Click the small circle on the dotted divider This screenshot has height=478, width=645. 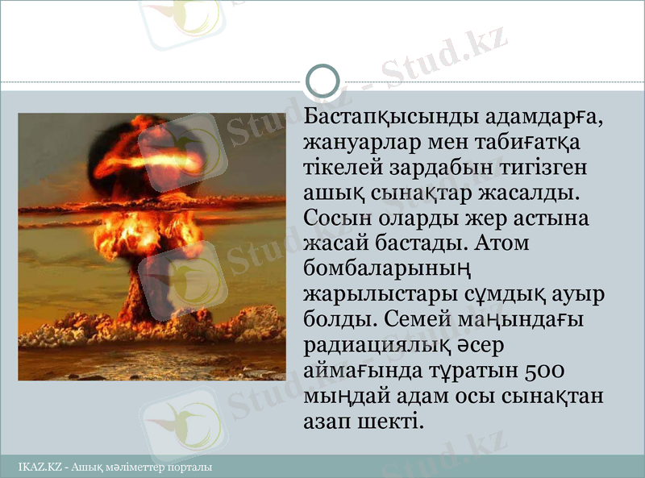pos(323,81)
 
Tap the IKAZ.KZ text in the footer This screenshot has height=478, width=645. pos(40,467)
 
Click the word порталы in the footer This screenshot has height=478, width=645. pos(190,467)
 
